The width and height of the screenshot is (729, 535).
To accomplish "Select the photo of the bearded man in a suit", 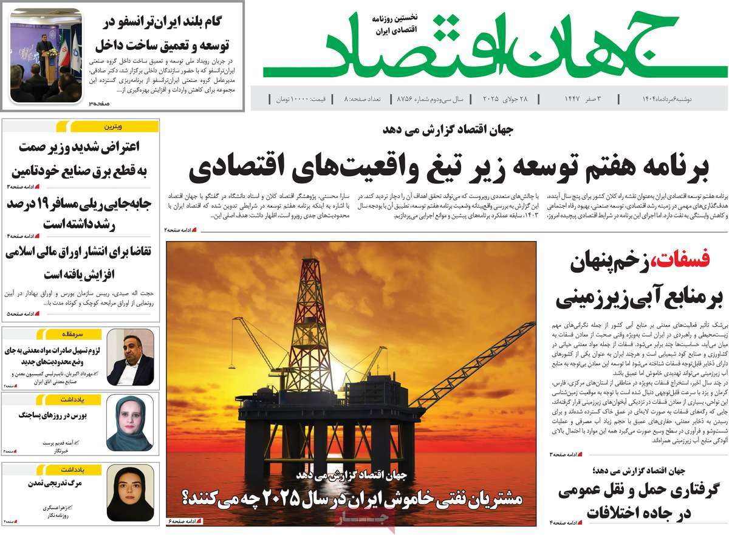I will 130,358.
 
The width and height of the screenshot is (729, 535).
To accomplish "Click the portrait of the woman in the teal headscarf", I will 130,423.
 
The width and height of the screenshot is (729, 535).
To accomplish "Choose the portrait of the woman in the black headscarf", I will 130,492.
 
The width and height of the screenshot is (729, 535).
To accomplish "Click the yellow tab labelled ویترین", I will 112,126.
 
